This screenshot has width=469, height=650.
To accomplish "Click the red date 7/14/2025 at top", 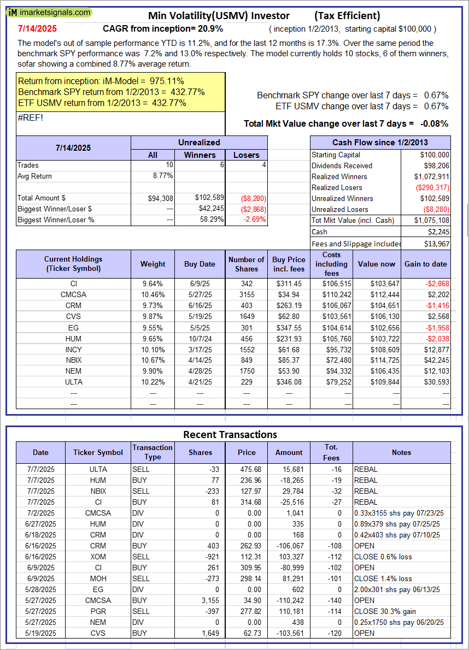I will click(37, 28).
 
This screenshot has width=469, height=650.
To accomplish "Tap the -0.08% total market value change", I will click(435, 123).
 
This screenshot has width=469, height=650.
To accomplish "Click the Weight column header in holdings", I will click(153, 264).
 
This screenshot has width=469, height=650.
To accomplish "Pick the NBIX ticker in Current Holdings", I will click(74, 360).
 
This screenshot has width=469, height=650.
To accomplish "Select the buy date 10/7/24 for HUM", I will click(200, 338).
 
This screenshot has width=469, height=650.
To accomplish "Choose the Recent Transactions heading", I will click(230, 435).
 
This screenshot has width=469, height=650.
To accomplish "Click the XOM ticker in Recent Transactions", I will click(98, 557).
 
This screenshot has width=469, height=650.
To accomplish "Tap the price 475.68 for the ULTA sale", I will click(247, 469).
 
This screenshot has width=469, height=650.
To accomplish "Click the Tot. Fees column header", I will click(331, 452).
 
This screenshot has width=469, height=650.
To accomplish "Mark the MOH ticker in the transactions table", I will click(98, 578).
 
